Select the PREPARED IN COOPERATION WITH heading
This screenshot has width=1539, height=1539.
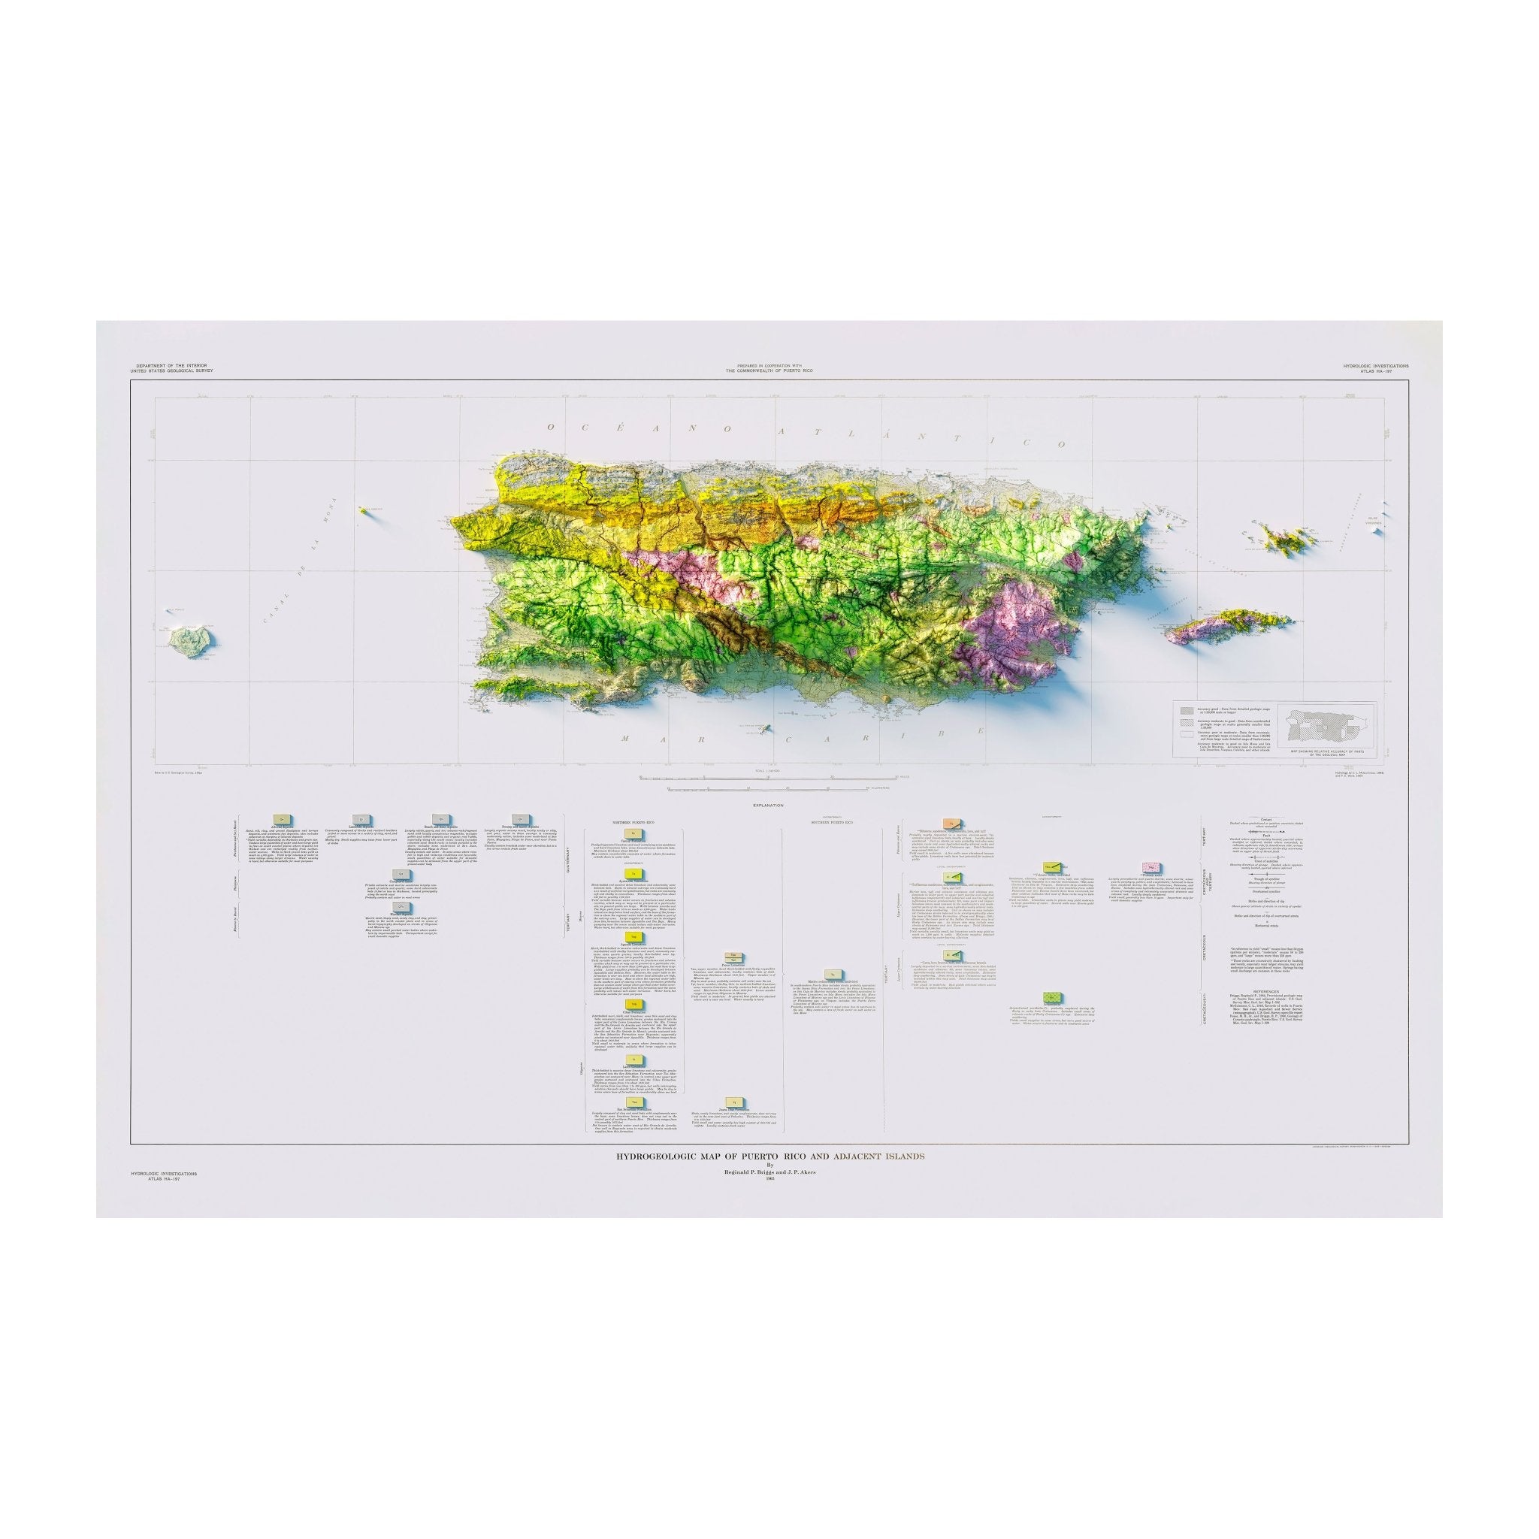click(x=769, y=364)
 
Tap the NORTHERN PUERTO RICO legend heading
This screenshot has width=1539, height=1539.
click(x=632, y=821)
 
